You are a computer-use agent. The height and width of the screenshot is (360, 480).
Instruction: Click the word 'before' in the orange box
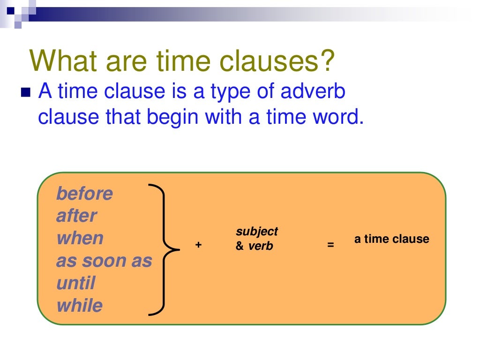(84, 194)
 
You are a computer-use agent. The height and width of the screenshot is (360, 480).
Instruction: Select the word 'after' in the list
(76, 216)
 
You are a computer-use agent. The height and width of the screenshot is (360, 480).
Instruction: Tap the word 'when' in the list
(80, 239)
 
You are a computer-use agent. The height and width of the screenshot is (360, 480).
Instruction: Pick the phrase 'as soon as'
(104, 261)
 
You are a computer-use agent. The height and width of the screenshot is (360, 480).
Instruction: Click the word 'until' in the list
(75, 284)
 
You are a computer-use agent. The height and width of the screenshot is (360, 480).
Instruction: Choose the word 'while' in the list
(79, 306)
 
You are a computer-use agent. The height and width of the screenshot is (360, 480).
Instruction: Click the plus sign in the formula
(198, 245)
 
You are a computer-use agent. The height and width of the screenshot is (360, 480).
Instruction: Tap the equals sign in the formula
(330, 245)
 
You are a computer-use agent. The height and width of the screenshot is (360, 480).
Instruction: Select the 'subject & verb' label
(256, 239)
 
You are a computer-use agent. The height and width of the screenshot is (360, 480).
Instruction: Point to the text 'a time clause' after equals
(391, 239)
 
